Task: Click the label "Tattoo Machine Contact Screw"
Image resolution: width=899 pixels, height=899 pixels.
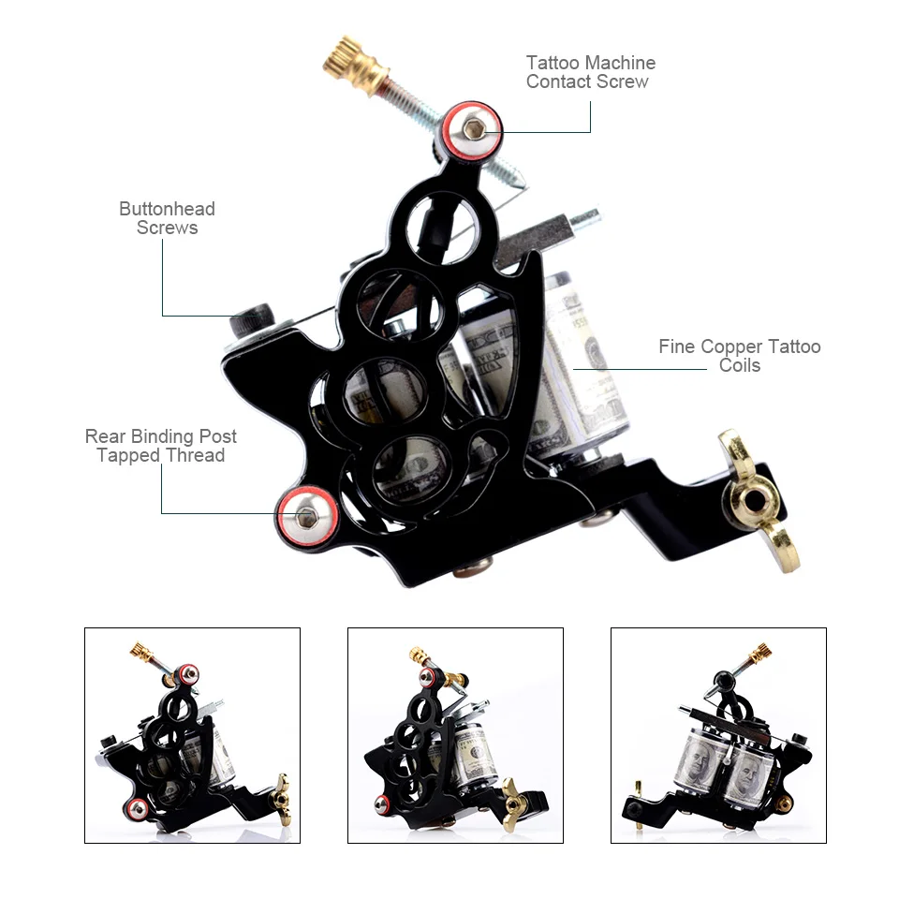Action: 590,72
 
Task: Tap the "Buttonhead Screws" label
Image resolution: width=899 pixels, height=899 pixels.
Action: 167,218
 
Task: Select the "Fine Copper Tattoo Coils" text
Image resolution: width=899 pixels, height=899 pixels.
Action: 739,356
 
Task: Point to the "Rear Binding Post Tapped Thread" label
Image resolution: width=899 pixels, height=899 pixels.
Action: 161,446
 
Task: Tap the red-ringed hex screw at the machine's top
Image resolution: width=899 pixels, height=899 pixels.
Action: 474,128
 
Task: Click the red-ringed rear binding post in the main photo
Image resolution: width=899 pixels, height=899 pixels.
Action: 306,513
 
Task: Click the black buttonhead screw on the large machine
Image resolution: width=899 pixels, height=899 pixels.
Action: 252,320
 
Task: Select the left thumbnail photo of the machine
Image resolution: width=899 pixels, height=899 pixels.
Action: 192,735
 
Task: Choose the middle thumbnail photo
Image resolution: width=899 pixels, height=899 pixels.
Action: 455,735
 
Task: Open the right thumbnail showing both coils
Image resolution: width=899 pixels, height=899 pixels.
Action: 718,735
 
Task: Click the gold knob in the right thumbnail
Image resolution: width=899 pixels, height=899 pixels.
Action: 759,654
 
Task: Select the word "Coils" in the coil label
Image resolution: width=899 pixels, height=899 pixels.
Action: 739,365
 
